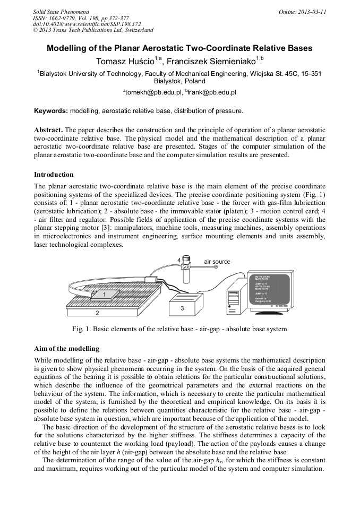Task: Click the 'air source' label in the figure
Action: click(218, 262)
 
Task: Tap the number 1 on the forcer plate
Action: click(105, 294)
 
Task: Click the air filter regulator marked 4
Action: click(186, 268)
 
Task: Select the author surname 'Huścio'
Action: click(136, 61)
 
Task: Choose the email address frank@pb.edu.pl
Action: click(212, 92)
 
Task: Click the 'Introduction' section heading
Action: click(54, 175)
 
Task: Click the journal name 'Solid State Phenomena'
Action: click(61, 11)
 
